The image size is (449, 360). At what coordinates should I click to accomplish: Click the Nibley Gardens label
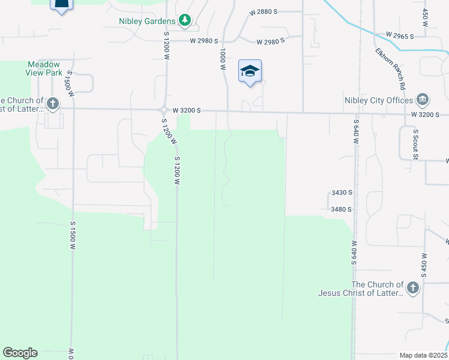coord(147,22)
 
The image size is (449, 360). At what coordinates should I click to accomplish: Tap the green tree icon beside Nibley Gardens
coord(185,21)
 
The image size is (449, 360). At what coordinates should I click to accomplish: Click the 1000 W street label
coord(223,59)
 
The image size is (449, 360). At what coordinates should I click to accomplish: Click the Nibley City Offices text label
coord(378,100)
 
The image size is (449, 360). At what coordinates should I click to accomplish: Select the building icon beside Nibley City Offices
coord(422,99)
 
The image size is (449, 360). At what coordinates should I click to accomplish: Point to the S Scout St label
coord(415,143)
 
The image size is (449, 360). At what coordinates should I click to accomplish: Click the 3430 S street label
coord(341,193)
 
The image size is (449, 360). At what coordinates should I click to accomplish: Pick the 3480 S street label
coord(341,209)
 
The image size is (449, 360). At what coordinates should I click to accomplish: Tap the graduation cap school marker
coord(250,71)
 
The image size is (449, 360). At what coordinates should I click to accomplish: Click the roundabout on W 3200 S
coord(164,110)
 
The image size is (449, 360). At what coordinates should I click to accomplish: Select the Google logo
coord(20,353)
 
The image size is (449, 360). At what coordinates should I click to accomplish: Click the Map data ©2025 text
coord(423,355)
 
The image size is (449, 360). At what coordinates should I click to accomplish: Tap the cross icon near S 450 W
coord(412,289)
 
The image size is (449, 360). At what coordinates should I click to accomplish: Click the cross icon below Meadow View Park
coord(53,104)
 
